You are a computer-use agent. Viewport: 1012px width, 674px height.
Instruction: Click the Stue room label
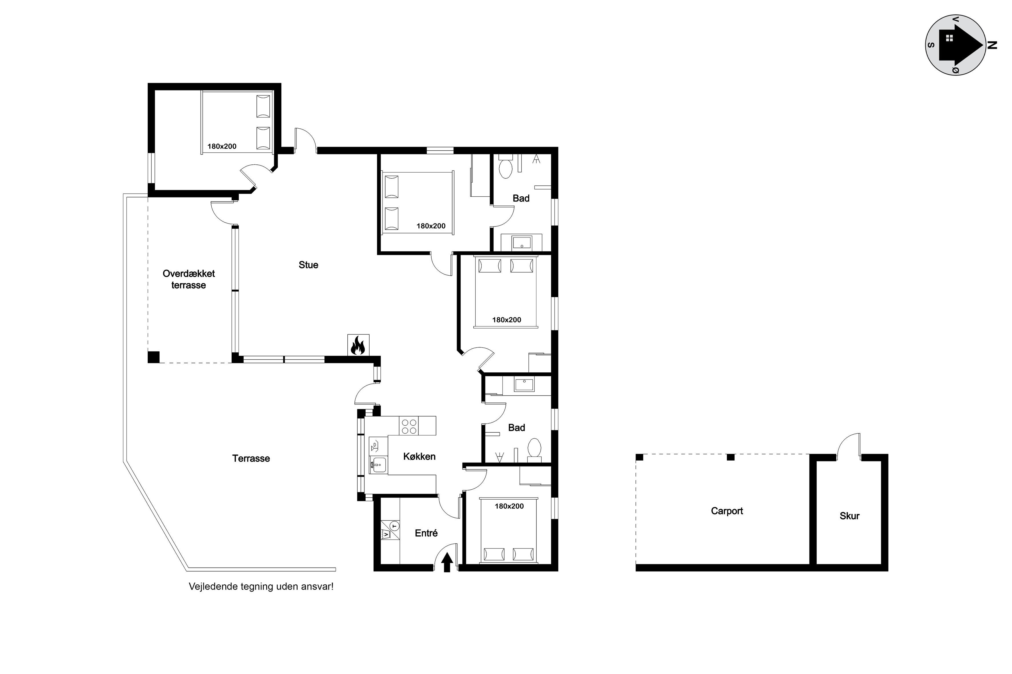(x=308, y=265)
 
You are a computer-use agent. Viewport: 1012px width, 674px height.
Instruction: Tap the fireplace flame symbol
(x=358, y=345)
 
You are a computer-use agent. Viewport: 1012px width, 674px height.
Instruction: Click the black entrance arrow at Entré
(x=447, y=562)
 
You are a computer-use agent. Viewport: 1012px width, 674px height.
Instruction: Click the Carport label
(x=727, y=511)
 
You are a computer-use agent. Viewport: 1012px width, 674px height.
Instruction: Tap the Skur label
(x=849, y=516)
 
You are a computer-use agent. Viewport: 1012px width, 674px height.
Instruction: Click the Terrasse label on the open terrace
(x=251, y=458)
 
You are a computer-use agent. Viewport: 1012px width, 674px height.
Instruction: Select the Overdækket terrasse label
(x=189, y=279)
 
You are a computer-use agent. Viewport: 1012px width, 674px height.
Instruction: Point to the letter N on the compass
(x=993, y=45)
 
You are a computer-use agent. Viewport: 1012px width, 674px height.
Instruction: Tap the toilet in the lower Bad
(x=534, y=449)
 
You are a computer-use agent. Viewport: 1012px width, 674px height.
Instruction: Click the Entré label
(x=426, y=533)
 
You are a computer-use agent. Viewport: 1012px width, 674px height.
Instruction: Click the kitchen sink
(x=379, y=465)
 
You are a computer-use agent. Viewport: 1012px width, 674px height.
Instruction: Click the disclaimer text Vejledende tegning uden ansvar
(x=261, y=586)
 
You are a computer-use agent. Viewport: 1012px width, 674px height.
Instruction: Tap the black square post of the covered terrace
(x=154, y=357)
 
